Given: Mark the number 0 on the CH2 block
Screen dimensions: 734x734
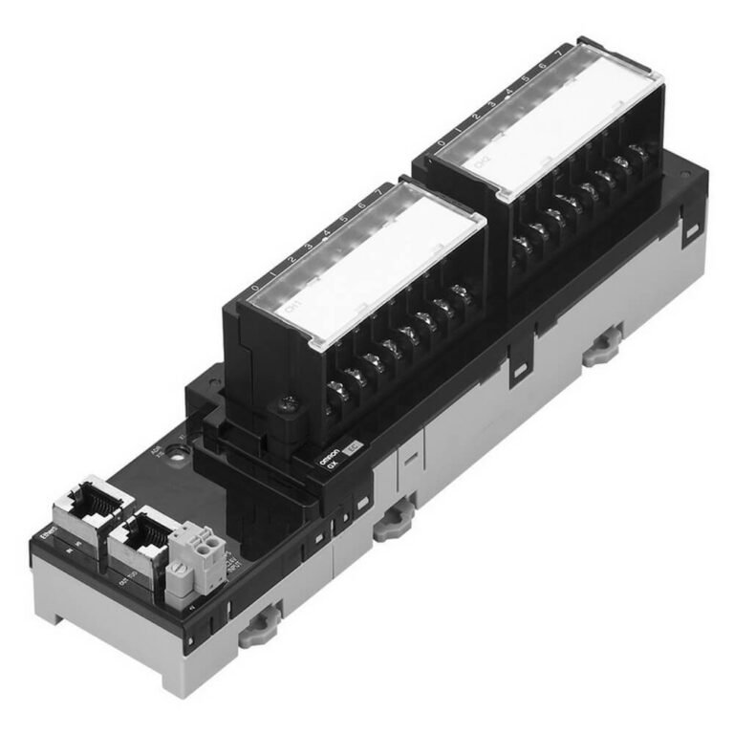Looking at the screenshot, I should click(x=441, y=144).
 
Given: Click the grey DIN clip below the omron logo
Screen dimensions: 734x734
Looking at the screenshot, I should click(x=390, y=522).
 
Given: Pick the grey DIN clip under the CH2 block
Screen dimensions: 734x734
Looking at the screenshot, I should click(x=602, y=349).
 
